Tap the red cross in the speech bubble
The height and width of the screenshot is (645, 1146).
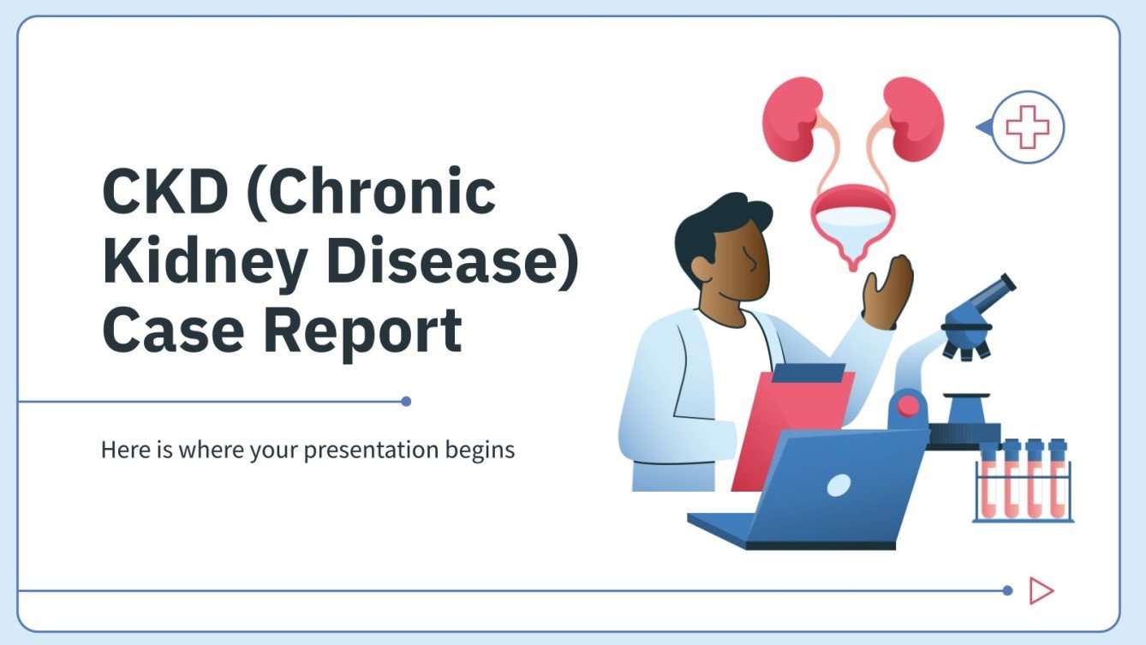point(1027,128)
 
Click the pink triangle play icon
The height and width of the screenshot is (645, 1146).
point(1041,590)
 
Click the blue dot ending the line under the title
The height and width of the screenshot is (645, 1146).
point(406,401)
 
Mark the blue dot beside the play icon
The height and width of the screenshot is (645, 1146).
point(1007,590)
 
